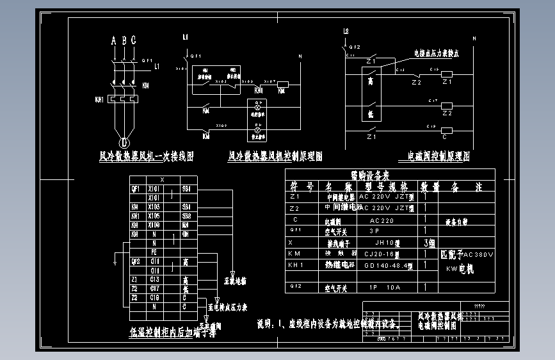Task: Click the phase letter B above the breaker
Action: click(x=124, y=41)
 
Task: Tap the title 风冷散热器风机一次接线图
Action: click(x=146, y=156)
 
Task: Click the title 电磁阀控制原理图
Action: click(x=438, y=156)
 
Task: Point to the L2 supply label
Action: click(x=346, y=31)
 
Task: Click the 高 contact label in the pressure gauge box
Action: click(x=371, y=81)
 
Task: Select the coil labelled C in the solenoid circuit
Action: click(x=446, y=136)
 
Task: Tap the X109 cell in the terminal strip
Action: click(x=154, y=225)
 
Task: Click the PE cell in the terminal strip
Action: click(x=154, y=252)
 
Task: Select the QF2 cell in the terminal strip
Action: click(x=135, y=261)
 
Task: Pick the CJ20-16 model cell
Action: click(x=382, y=254)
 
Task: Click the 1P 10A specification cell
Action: click(x=385, y=288)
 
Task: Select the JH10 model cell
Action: click(x=388, y=243)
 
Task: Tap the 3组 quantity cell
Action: click(x=429, y=243)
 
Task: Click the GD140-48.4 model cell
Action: click(x=387, y=265)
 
